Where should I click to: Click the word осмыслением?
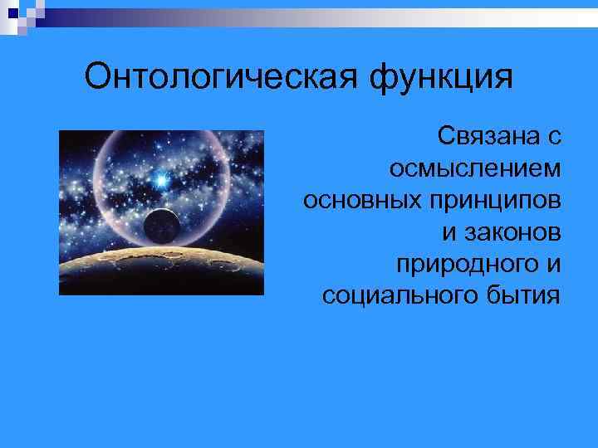point(474,168)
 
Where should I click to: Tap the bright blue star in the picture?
point(162,178)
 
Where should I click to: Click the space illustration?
point(161,212)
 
